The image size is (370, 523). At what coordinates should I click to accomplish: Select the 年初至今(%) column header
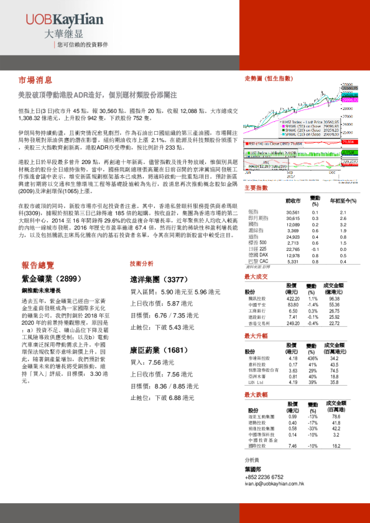click(x=343, y=201)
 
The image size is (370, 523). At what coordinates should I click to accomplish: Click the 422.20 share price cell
click(x=292, y=298)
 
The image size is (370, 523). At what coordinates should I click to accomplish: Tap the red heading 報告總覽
click(x=38, y=264)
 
